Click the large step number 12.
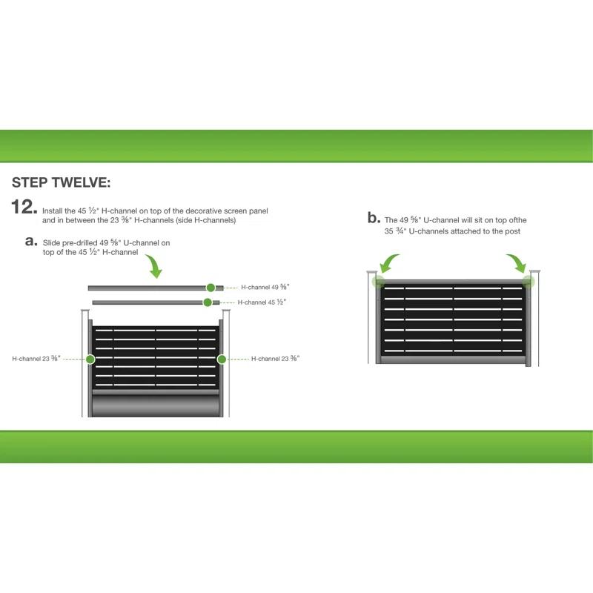point(23,208)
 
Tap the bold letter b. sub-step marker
point(374,218)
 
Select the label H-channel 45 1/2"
point(262,302)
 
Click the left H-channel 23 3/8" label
point(36,359)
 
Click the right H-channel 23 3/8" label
point(275,359)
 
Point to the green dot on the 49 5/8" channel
point(211,287)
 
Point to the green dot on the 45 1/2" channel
point(207,302)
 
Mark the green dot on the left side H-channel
point(90,359)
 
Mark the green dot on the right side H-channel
point(221,359)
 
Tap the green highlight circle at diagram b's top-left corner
point(378,282)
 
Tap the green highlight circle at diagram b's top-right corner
point(528,281)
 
